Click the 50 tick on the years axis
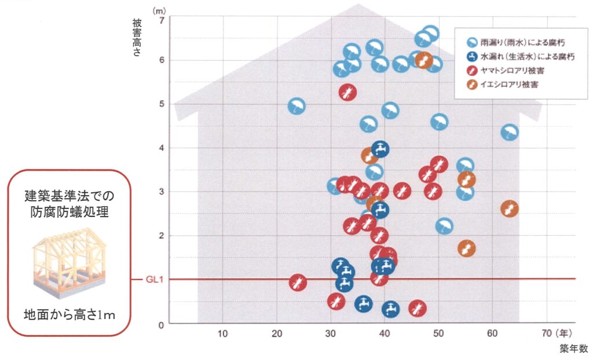click(438, 333)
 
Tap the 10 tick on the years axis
click(223, 333)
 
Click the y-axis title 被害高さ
click(137, 35)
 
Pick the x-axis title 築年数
click(573, 348)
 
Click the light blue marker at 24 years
click(296, 106)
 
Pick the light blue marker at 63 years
click(509, 133)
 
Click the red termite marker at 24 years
click(298, 282)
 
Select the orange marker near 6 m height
click(424, 60)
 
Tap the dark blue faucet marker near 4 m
click(380, 149)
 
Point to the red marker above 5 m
click(347, 91)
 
